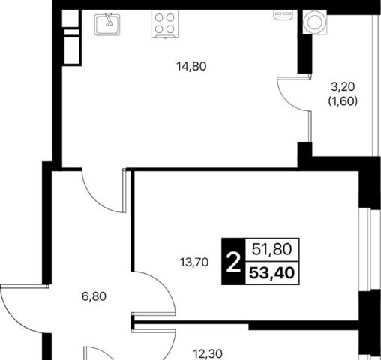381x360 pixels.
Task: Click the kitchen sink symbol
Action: pyautogui.click(x=107, y=24)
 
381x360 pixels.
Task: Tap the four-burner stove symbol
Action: pyautogui.click(x=165, y=24)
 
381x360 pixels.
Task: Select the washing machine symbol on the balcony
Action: pyautogui.click(x=315, y=22)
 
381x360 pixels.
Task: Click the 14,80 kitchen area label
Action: pyautogui.click(x=191, y=67)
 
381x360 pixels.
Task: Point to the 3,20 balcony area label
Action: pyautogui.click(x=343, y=87)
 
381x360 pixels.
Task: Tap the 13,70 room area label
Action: pyautogui.click(x=194, y=262)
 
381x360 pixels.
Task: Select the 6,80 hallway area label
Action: pyautogui.click(x=94, y=296)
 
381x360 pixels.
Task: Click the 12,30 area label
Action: pyautogui.click(x=208, y=354)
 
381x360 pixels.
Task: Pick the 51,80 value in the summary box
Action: pyautogui.click(x=272, y=249)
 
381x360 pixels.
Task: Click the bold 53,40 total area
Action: pyautogui.click(x=272, y=273)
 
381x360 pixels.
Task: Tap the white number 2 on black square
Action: pyautogui.click(x=233, y=262)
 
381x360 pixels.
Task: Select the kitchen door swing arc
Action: pyautogui.click(x=94, y=199)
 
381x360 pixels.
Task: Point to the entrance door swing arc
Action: pyautogui.click(x=14, y=319)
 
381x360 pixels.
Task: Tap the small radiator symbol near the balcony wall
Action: pyautogui.click(x=283, y=15)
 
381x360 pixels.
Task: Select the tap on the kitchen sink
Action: pyautogui.click(x=109, y=19)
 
